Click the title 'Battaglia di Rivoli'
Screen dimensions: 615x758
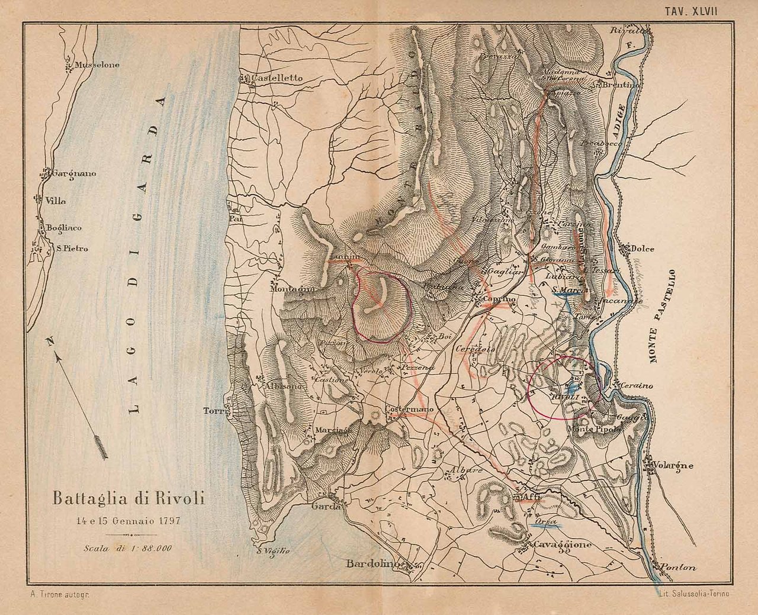[129, 498]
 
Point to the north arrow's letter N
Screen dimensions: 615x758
[51, 342]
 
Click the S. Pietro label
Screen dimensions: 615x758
[72, 249]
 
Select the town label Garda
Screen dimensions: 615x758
[327, 507]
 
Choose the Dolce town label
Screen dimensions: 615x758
[643, 249]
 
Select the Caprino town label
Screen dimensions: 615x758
[500, 300]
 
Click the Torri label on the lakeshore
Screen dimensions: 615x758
[212, 411]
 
